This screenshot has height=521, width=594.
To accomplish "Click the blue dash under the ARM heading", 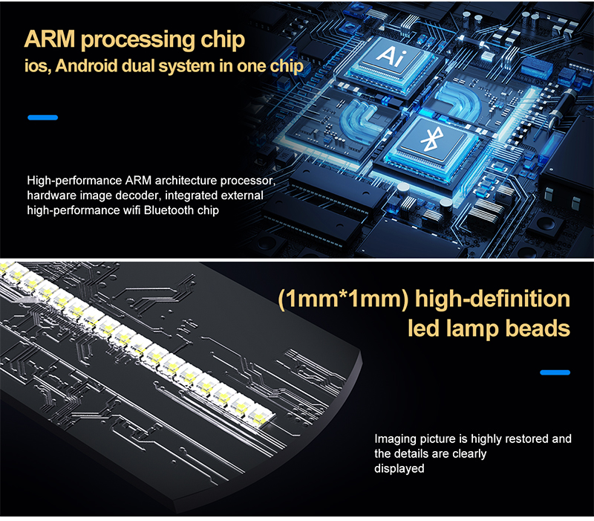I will point(42,117).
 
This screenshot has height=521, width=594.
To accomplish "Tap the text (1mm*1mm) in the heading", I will point(342,300).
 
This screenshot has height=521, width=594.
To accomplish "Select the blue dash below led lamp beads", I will point(555,372).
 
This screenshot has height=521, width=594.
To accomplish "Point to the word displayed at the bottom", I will point(399,469).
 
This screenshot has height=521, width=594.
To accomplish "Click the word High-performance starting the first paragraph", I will point(74,181).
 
